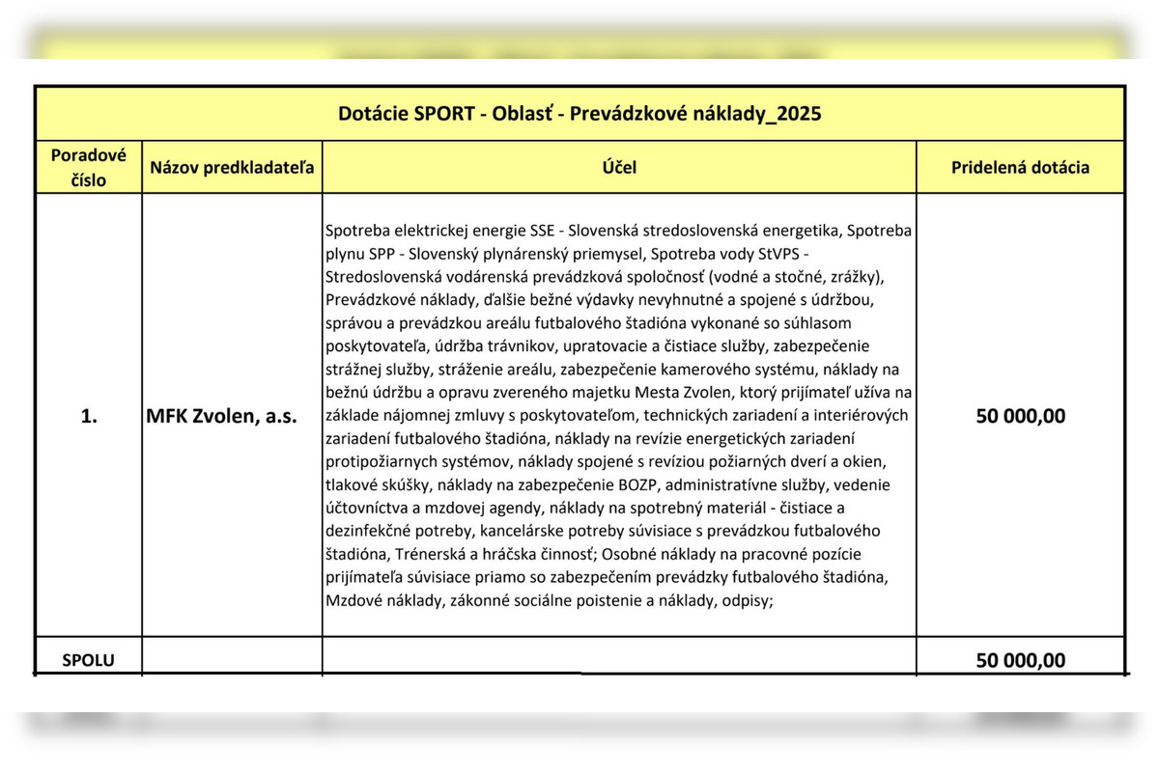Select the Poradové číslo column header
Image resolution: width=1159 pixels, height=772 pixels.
tap(88, 166)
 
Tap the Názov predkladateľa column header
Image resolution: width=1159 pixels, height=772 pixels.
tap(232, 167)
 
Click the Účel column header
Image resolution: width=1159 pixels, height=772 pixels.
tap(619, 167)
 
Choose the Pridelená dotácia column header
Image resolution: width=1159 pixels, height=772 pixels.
tap(1020, 167)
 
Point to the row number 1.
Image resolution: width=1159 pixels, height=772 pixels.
tap(88, 416)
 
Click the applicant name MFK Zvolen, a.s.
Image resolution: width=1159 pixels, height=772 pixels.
tap(221, 416)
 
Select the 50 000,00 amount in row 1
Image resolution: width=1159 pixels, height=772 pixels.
tap(1020, 416)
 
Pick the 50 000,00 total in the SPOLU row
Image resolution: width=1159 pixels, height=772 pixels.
tap(1020, 660)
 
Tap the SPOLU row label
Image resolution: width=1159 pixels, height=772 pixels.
tap(88, 661)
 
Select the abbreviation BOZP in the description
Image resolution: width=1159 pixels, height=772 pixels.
tap(635, 484)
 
